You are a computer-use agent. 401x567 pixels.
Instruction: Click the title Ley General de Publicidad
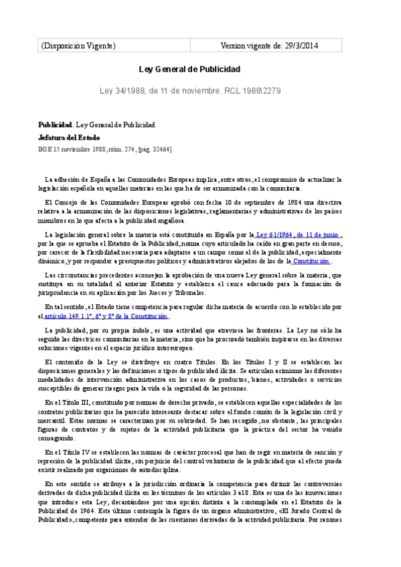[189, 69]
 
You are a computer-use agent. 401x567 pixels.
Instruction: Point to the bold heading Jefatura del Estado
[69, 137]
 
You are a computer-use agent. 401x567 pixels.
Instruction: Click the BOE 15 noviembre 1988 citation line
[105, 150]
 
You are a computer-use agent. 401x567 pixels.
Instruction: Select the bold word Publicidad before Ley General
[54, 124]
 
